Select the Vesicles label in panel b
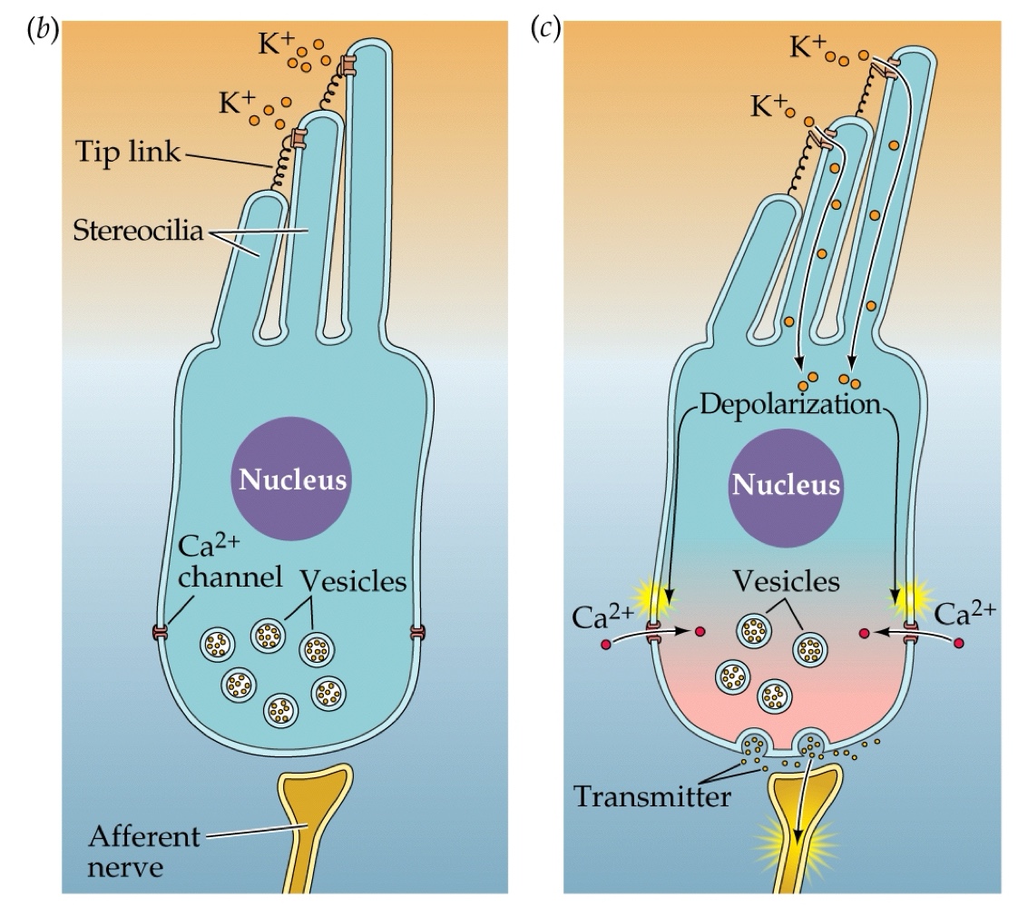tap(355, 581)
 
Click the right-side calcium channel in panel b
tap(417, 632)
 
